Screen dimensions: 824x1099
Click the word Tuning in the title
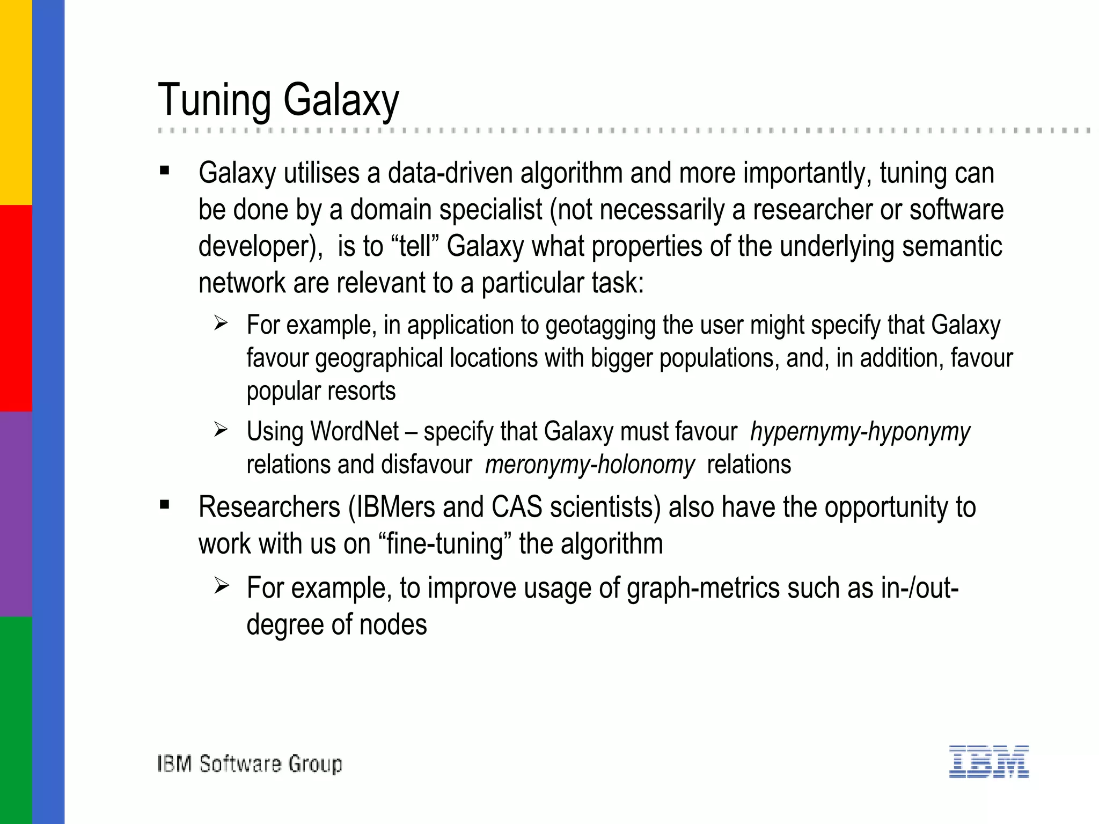[215, 100]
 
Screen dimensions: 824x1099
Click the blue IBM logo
[988, 761]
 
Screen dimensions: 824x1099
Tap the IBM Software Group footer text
[250, 763]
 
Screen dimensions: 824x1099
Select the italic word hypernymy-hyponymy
[860, 432]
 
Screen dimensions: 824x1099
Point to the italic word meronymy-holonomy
[590, 465]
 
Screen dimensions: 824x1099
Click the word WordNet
[354, 432]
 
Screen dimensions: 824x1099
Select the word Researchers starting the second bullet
[269, 507]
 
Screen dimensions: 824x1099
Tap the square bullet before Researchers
[165, 505]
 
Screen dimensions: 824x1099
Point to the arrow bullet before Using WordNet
[221, 430]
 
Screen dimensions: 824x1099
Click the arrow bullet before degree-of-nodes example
[221, 586]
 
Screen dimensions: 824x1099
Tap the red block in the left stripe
[16, 308]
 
